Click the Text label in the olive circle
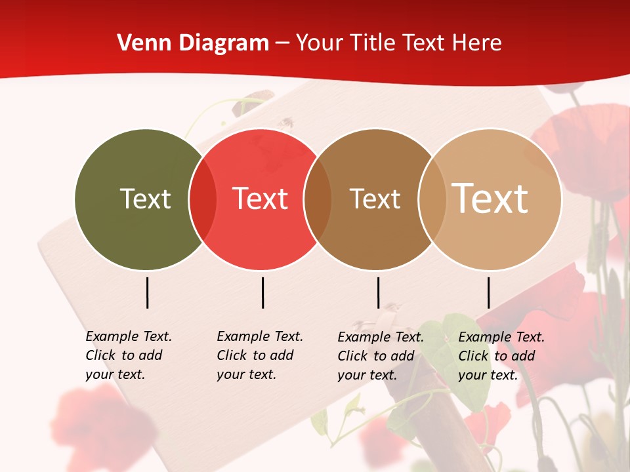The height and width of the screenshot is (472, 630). [x=145, y=199]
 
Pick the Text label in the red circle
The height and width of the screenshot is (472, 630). [x=260, y=199]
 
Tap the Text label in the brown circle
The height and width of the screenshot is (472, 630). [x=375, y=199]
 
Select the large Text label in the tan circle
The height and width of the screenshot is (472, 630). [x=490, y=199]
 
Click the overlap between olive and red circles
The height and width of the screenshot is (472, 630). [x=203, y=199]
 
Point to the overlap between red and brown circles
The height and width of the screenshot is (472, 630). [x=318, y=199]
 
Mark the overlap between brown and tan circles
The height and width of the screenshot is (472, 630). [x=432, y=199]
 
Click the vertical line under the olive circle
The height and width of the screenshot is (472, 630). [x=148, y=292]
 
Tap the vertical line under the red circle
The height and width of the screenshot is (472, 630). [x=262, y=292]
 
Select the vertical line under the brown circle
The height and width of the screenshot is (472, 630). [x=378, y=292]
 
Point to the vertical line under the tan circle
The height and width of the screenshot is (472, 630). [x=488, y=292]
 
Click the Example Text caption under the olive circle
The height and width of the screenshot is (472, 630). [x=129, y=355]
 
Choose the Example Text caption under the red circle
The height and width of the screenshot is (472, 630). [x=260, y=355]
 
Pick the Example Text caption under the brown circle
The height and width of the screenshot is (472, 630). [x=381, y=356]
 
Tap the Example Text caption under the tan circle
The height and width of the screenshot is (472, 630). [x=501, y=356]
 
